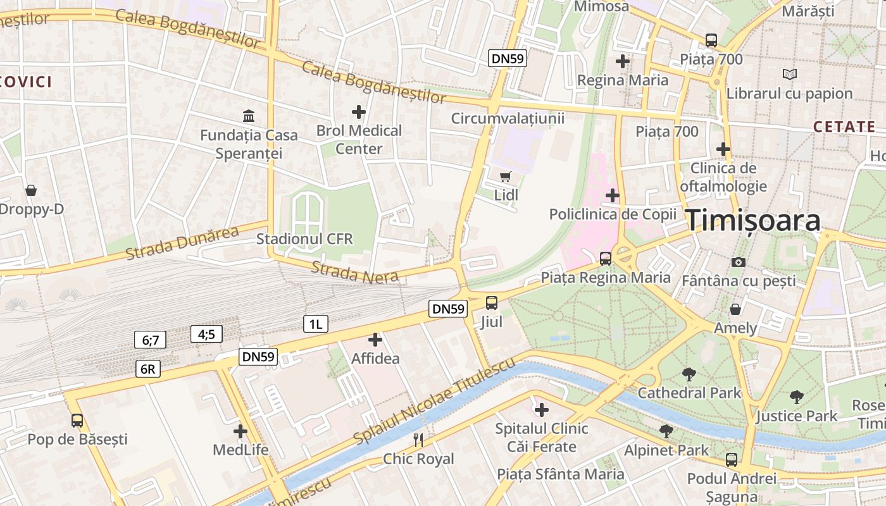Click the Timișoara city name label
(754, 220)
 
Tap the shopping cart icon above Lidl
(505, 176)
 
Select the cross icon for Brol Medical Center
(359, 112)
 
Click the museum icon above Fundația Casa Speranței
(249, 116)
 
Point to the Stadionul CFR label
(304, 239)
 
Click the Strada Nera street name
(354, 271)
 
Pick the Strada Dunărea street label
(182, 243)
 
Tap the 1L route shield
(315, 324)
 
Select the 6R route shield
(147, 369)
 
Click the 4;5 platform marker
(206, 334)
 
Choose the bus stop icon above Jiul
(492, 303)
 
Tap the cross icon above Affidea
(375, 340)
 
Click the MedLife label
(240, 450)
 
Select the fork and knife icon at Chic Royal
(418, 440)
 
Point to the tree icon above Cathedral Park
(689, 374)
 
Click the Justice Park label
(796, 416)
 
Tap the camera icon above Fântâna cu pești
(738, 262)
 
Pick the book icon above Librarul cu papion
(789, 75)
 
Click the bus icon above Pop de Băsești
(77, 420)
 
